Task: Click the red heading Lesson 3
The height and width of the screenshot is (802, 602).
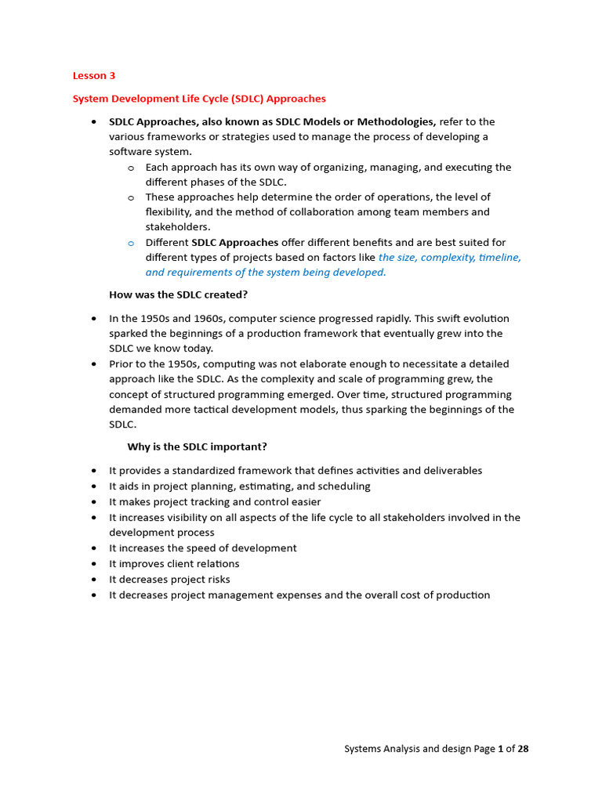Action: coord(93,76)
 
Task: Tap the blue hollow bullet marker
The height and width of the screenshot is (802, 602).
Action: coord(131,243)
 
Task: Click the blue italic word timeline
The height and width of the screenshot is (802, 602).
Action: coord(494,257)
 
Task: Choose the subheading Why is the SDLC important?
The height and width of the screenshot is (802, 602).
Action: coord(197,446)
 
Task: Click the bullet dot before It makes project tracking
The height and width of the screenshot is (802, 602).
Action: coord(94,502)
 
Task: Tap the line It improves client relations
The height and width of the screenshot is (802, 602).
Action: coord(174,564)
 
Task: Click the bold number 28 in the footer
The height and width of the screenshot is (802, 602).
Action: coord(523,749)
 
